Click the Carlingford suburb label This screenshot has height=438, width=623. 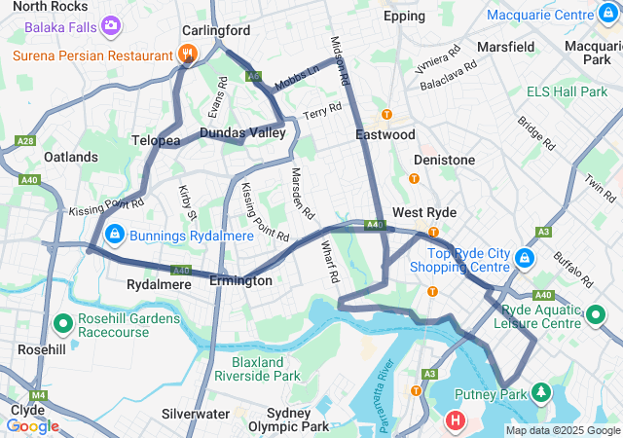216,30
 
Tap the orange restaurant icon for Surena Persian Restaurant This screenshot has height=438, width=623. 190,55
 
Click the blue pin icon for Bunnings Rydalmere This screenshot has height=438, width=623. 114,235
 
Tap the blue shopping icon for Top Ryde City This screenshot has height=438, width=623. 525,258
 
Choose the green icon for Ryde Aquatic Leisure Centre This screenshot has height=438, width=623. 597,315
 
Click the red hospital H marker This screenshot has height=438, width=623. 455,421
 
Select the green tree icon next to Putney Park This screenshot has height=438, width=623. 541,394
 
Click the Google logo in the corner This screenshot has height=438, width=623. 32,425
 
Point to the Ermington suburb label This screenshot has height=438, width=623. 240,280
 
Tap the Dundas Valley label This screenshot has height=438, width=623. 242,132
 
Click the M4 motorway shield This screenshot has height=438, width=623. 38,395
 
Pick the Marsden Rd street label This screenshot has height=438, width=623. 303,193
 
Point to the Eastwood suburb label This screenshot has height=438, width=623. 385,134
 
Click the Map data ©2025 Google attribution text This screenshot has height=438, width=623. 563,430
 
